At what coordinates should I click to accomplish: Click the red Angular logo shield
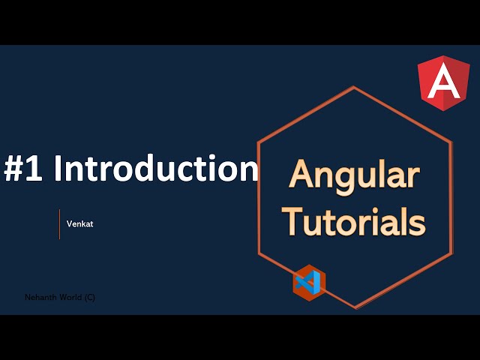tap(444, 83)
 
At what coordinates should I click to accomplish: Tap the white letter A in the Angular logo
tap(444, 82)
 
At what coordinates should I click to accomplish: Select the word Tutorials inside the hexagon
tap(357, 221)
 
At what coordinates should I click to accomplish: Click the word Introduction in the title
tap(156, 169)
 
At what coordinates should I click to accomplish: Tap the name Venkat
tap(79, 223)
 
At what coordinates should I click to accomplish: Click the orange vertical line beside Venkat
tap(59, 224)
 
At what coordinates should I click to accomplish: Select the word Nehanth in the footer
tap(40, 297)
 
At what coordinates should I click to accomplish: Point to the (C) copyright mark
tap(89, 297)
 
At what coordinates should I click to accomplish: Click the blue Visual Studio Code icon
tap(309, 282)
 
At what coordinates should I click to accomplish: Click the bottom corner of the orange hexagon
tap(355, 307)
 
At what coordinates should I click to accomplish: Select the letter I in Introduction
tap(58, 169)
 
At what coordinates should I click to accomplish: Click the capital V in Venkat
tap(69, 223)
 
